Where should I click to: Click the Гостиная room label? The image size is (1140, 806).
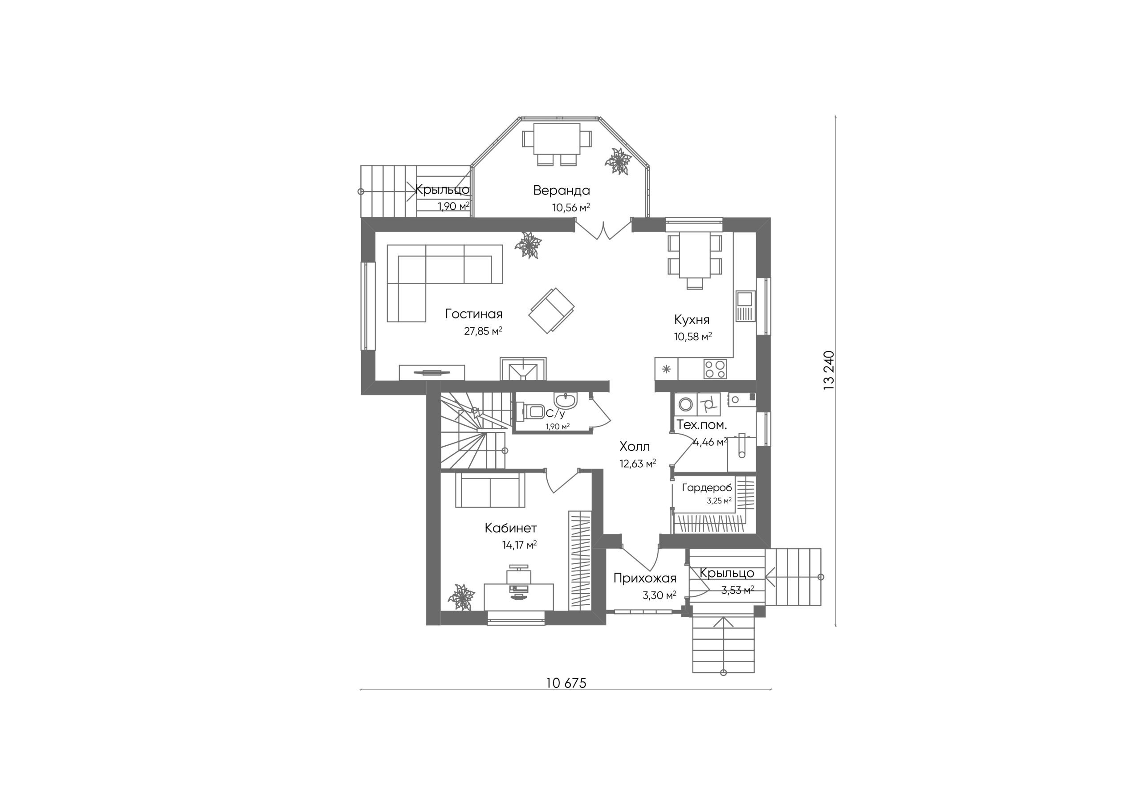pyautogui.click(x=474, y=314)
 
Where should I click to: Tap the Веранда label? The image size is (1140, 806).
pyautogui.click(x=562, y=190)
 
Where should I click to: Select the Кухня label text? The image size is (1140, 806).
pyautogui.click(x=692, y=319)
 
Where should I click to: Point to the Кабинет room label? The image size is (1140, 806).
pyautogui.click(x=511, y=528)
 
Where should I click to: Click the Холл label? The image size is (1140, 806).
pyautogui.click(x=635, y=447)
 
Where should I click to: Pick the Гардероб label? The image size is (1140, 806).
pyautogui.click(x=707, y=488)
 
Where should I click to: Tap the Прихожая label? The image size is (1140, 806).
pyautogui.click(x=645, y=578)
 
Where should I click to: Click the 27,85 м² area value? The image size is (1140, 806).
pyautogui.click(x=483, y=331)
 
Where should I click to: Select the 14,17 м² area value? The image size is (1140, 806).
pyautogui.click(x=519, y=545)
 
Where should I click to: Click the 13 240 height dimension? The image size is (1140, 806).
pyautogui.click(x=829, y=370)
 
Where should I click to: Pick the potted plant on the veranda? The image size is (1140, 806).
pyautogui.click(x=618, y=161)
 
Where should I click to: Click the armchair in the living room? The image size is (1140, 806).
pyautogui.click(x=552, y=310)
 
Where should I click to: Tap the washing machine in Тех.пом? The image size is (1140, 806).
pyautogui.click(x=686, y=404)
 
